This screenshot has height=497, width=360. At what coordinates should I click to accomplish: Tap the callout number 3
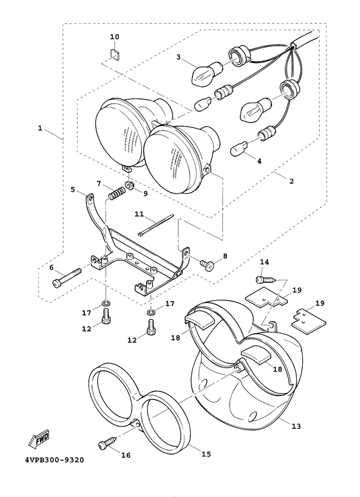click(179, 57)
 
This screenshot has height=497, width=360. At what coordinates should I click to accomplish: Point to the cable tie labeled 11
click(156, 226)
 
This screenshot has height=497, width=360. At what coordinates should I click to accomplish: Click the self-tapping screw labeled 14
click(265, 280)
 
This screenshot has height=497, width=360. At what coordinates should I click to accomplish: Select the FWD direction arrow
click(39, 440)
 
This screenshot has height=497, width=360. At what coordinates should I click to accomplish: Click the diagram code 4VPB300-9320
click(55, 460)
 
